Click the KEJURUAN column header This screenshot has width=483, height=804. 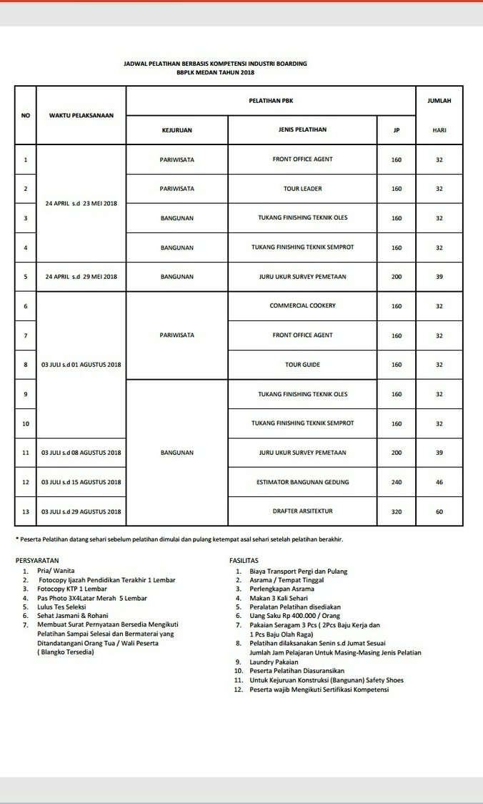[x=176, y=129]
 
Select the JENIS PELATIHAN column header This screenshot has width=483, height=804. [x=302, y=129]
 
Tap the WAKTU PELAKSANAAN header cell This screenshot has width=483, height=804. [x=81, y=115]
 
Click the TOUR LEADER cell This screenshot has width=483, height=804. [x=302, y=189]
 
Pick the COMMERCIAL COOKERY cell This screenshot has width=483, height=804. [x=302, y=305]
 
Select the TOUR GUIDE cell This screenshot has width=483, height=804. [x=302, y=365]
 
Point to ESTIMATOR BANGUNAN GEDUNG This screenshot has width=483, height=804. [x=302, y=482]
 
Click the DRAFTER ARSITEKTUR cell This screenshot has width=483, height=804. [x=302, y=511]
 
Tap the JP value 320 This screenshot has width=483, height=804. [x=397, y=511]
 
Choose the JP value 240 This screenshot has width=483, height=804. [x=397, y=482]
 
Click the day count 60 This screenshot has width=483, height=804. [x=439, y=511]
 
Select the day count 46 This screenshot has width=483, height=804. [x=439, y=482]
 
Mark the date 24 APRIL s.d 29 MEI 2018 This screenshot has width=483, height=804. [x=81, y=276]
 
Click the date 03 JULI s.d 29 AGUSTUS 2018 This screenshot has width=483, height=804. [x=81, y=511]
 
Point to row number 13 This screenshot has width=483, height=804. [x=25, y=511]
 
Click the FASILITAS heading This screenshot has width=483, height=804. [x=244, y=561]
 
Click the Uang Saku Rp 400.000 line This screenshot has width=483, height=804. [x=294, y=615]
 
